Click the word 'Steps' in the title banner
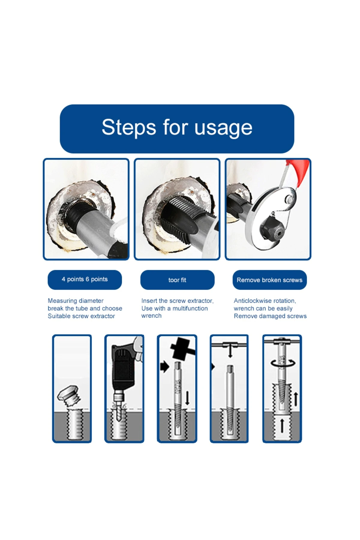pyautogui.click(x=129, y=127)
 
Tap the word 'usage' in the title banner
pyautogui.click(x=223, y=128)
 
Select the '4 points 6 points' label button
pyautogui.click(x=85, y=280)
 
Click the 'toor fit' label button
pyautogui.click(x=177, y=280)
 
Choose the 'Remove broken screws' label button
pyautogui.click(x=269, y=280)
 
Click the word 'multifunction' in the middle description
pyautogui.click(x=190, y=308)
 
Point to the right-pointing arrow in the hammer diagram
pyautogui.click(x=165, y=367)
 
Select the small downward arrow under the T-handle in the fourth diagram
pyautogui.click(x=230, y=351)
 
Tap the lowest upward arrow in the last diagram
pyautogui.click(x=282, y=426)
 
